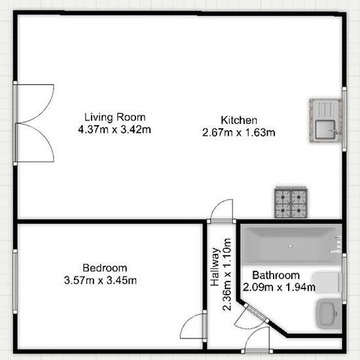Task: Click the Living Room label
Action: tap(115, 117)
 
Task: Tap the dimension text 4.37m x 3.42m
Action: tap(115, 130)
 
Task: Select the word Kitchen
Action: tap(239, 120)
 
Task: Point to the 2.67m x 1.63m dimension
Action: tap(238, 132)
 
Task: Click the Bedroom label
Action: tap(105, 268)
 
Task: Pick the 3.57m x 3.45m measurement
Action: tap(100, 280)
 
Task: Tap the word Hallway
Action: tap(215, 267)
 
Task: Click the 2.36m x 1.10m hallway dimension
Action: tap(227, 274)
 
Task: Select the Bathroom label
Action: tap(276, 275)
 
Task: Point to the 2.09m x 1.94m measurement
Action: tap(279, 287)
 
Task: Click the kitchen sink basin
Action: tap(325, 130)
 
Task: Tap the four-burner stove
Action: tap(291, 202)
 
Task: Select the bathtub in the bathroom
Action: tap(292, 245)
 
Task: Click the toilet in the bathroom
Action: tap(327, 282)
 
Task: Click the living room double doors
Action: tap(35, 123)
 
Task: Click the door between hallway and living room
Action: tap(222, 211)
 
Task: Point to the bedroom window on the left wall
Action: tap(15, 281)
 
